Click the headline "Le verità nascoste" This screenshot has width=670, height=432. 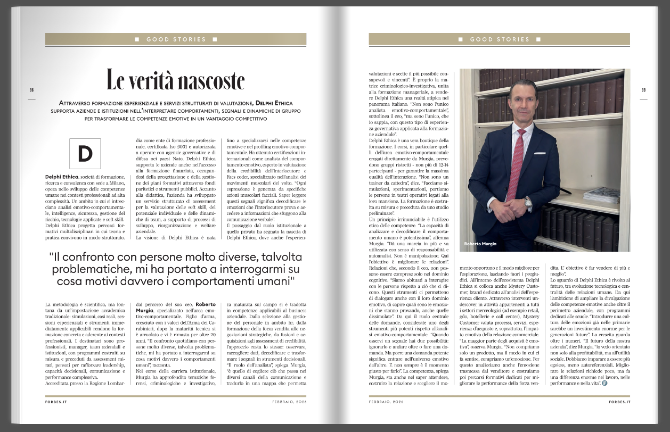tap(176, 80)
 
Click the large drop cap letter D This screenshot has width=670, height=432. tap(85, 153)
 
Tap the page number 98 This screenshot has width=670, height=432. tap(31, 90)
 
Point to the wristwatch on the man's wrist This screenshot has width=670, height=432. tap(528, 202)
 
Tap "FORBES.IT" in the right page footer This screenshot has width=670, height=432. tap(619, 402)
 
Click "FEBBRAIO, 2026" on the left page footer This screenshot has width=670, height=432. tap(290, 402)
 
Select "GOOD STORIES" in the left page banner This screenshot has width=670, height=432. tap(176, 39)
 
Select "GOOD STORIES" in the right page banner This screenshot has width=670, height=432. tap(500, 39)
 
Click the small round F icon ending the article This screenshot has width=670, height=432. tap(604, 384)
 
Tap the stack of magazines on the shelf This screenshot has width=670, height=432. tap(601, 195)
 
